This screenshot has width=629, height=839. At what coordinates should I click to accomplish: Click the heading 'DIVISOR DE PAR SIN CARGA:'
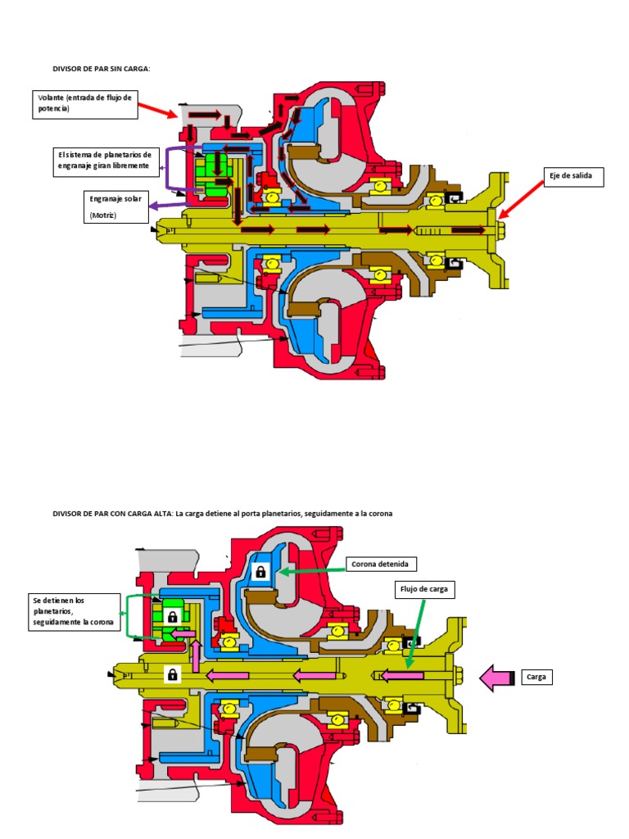[101, 69]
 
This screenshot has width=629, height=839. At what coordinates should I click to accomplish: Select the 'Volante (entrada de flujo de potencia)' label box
[85, 104]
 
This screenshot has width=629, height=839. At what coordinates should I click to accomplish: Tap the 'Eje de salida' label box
[573, 176]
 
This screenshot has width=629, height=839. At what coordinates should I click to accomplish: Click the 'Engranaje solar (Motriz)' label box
[116, 207]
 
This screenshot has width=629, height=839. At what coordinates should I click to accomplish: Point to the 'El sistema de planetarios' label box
[106, 161]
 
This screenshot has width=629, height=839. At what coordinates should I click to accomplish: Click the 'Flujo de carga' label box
[424, 589]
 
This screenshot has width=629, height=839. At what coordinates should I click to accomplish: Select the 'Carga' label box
[536, 677]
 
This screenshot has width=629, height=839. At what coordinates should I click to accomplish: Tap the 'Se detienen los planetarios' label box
[75, 611]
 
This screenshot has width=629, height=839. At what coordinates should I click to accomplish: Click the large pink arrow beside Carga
[496, 678]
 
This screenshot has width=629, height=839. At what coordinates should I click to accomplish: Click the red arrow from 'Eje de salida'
[520, 200]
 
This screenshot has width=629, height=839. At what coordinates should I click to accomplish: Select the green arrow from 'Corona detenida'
[313, 569]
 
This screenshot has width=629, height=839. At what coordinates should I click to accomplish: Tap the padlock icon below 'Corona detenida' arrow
[261, 571]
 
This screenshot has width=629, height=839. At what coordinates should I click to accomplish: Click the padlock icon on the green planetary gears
[172, 616]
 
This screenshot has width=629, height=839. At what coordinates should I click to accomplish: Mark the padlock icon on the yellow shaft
[172, 673]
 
